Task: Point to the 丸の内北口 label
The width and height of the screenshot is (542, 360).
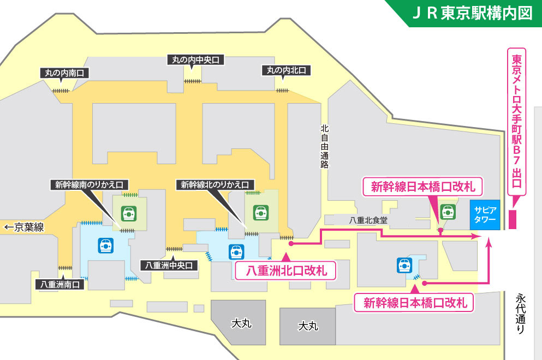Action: [285, 70]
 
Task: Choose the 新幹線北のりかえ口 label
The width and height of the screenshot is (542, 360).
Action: [215, 185]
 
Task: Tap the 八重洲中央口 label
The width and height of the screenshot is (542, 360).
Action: [170, 265]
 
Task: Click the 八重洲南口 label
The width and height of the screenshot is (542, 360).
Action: [60, 284]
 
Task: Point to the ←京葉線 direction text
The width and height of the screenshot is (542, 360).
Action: [24, 227]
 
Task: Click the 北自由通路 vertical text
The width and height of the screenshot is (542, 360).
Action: [325, 146]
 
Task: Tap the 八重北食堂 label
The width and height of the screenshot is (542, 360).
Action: [368, 220]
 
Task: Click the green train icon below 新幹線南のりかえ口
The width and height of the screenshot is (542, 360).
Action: [129, 212]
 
